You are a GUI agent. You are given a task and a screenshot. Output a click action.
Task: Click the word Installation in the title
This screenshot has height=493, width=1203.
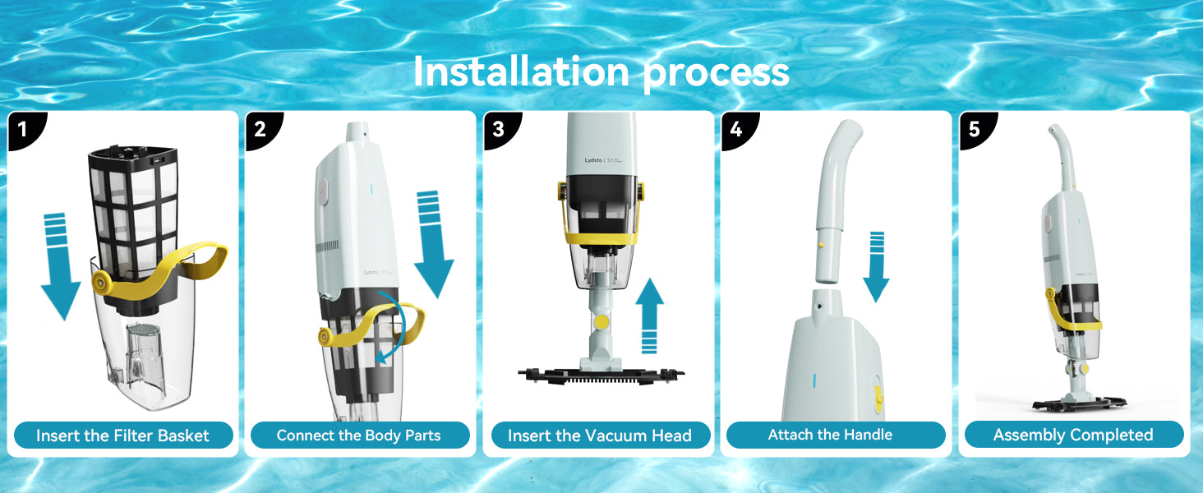521,72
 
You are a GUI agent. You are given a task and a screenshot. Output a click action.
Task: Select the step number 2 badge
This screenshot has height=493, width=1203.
263,129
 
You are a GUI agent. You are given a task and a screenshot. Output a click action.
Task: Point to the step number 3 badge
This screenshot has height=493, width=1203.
501,129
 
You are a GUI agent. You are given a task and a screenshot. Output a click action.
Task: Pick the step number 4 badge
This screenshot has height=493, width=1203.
739,129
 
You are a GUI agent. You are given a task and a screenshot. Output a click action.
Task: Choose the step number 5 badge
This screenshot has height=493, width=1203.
976,129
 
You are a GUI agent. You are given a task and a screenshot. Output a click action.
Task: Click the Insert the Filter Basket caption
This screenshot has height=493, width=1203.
123,435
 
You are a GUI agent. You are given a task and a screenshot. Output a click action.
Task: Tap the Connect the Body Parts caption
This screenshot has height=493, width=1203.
359,435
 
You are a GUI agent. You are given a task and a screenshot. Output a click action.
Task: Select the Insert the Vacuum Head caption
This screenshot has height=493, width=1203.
600,435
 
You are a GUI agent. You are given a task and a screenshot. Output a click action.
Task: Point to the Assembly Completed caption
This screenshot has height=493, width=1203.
1073,435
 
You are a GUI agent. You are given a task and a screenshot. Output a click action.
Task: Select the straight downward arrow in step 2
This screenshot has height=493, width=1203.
432,244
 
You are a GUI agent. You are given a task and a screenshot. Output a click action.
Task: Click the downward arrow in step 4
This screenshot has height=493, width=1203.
877,266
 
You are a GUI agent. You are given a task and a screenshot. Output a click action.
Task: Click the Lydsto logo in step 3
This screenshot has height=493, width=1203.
593,160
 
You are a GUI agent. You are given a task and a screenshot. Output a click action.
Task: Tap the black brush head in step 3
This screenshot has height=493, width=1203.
601,376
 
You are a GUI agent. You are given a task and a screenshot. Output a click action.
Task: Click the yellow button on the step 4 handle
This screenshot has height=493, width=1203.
821,245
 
